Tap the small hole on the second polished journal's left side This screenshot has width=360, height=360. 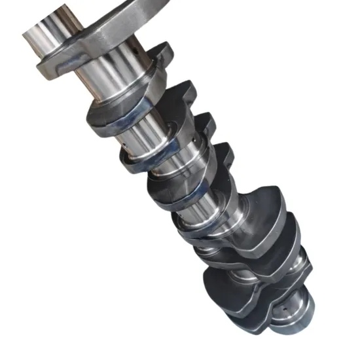pyautogui.click(x=130, y=141)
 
